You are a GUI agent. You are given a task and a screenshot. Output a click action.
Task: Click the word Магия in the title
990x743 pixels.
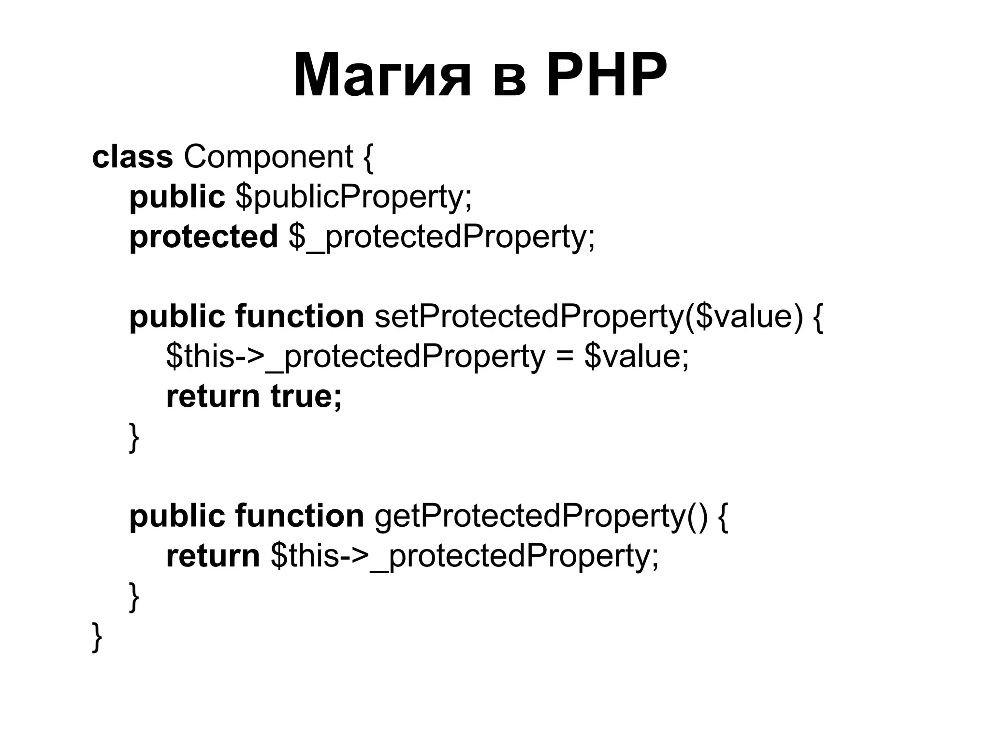382,76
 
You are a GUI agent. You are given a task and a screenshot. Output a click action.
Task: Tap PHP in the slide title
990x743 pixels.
606,76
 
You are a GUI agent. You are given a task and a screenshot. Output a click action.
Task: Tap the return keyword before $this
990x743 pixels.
213,556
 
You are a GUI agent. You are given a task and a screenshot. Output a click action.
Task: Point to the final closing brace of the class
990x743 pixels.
97,637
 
